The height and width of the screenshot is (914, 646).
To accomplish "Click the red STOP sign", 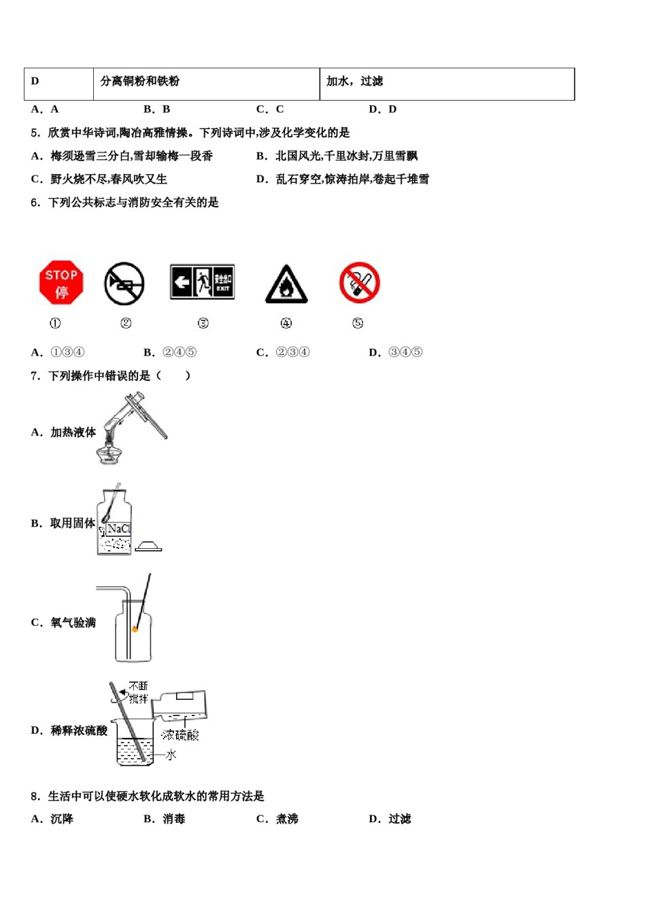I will coord(61,282).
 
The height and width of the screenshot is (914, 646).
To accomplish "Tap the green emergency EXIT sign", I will coord(202,282).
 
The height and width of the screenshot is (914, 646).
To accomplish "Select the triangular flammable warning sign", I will coord(286,284).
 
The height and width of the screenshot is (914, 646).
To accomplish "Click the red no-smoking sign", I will coord(359,282).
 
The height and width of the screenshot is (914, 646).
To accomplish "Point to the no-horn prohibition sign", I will coord(124,284).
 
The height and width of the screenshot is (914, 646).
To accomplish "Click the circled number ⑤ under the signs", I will coord(358,323).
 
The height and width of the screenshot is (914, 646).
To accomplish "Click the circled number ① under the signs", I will coord(55,323).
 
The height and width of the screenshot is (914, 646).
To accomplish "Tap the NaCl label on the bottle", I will coord(118,528).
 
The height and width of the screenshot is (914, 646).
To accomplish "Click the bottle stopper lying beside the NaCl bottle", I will coord(148,546).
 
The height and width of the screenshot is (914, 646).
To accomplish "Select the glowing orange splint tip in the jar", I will coord(135,629).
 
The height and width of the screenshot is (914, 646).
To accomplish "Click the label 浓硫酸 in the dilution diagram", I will coord(180,734).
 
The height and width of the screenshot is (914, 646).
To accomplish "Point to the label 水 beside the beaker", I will coord(171,755).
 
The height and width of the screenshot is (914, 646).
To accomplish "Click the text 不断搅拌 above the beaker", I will coord(139,692).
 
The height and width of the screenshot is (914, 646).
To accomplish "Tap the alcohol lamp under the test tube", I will coord(107,454).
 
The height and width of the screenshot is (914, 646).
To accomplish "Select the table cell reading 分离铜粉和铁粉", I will coord(140,82).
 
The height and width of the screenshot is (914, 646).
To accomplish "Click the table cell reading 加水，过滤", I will coord(354,82).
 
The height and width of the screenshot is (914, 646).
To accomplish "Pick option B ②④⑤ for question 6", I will coord(170,352).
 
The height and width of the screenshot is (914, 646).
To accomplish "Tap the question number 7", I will coord(35,375).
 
